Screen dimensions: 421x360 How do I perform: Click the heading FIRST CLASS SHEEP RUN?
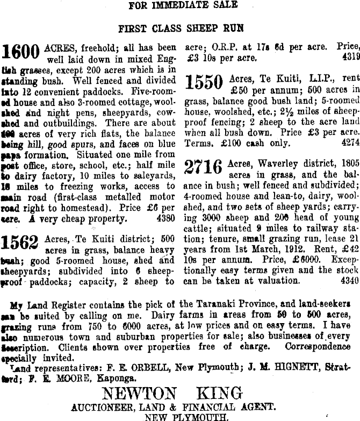tap(181, 27)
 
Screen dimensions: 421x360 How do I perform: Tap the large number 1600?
tap(21, 52)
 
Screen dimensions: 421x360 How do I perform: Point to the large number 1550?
tap(204, 82)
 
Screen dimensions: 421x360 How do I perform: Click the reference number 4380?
tap(164, 219)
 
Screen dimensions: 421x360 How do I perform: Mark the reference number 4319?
tap(350, 57)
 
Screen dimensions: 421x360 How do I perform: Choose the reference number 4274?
tap(350, 143)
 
